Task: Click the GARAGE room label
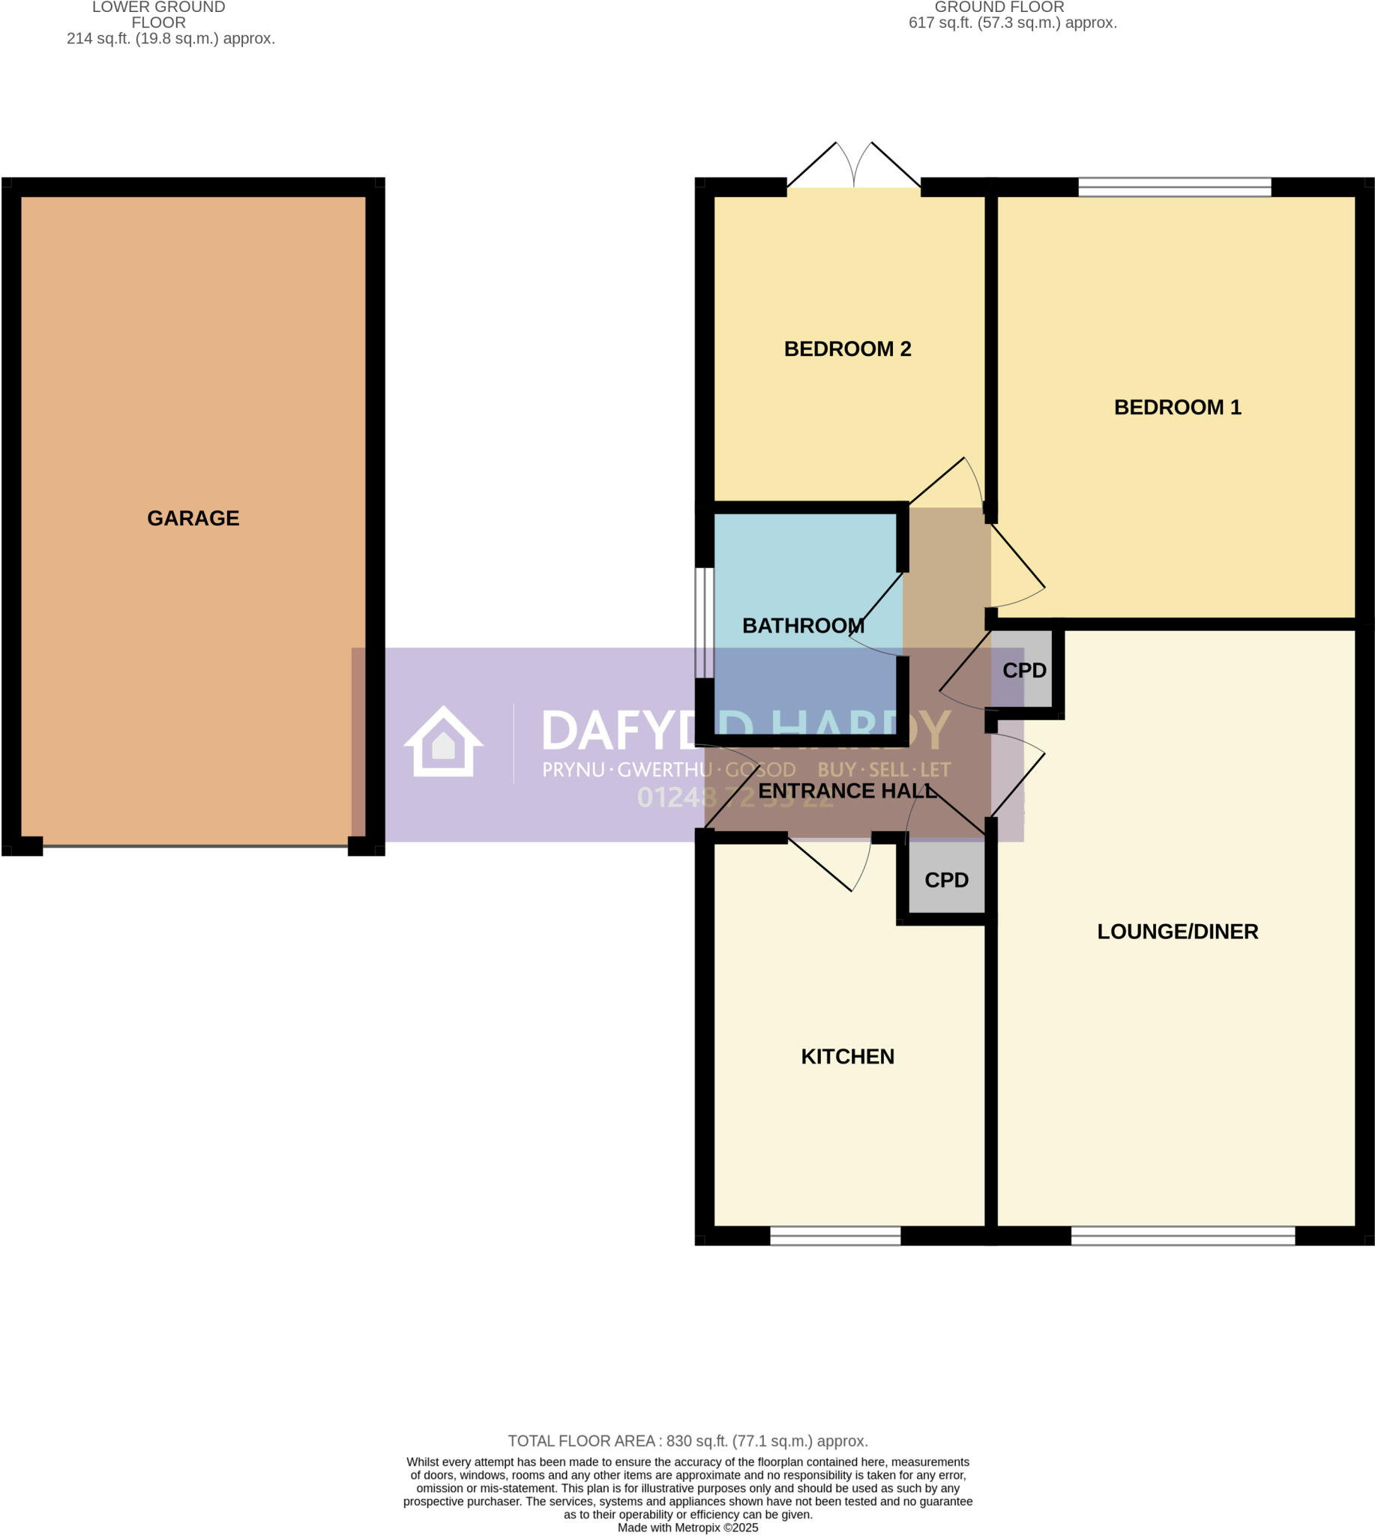[x=193, y=518]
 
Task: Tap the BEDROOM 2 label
[x=847, y=349]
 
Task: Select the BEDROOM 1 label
[x=1177, y=407]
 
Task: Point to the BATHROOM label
[x=803, y=626]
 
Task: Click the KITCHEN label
[x=847, y=1056]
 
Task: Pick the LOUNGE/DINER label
[x=1177, y=932]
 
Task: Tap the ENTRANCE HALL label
[x=847, y=791]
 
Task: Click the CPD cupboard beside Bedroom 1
[x=1023, y=670]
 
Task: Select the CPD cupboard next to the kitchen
[x=946, y=880]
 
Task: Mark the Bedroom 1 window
[x=1174, y=187]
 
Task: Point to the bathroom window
[x=704, y=623]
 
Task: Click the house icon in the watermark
[x=444, y=742]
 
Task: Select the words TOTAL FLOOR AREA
[x=580, y=1441]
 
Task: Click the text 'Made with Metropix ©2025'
[x=687, y=1528]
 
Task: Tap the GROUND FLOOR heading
[x=999, y=7]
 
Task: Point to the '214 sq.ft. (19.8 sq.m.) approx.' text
[x=171, y=38]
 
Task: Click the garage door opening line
[x=195, y=847]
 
